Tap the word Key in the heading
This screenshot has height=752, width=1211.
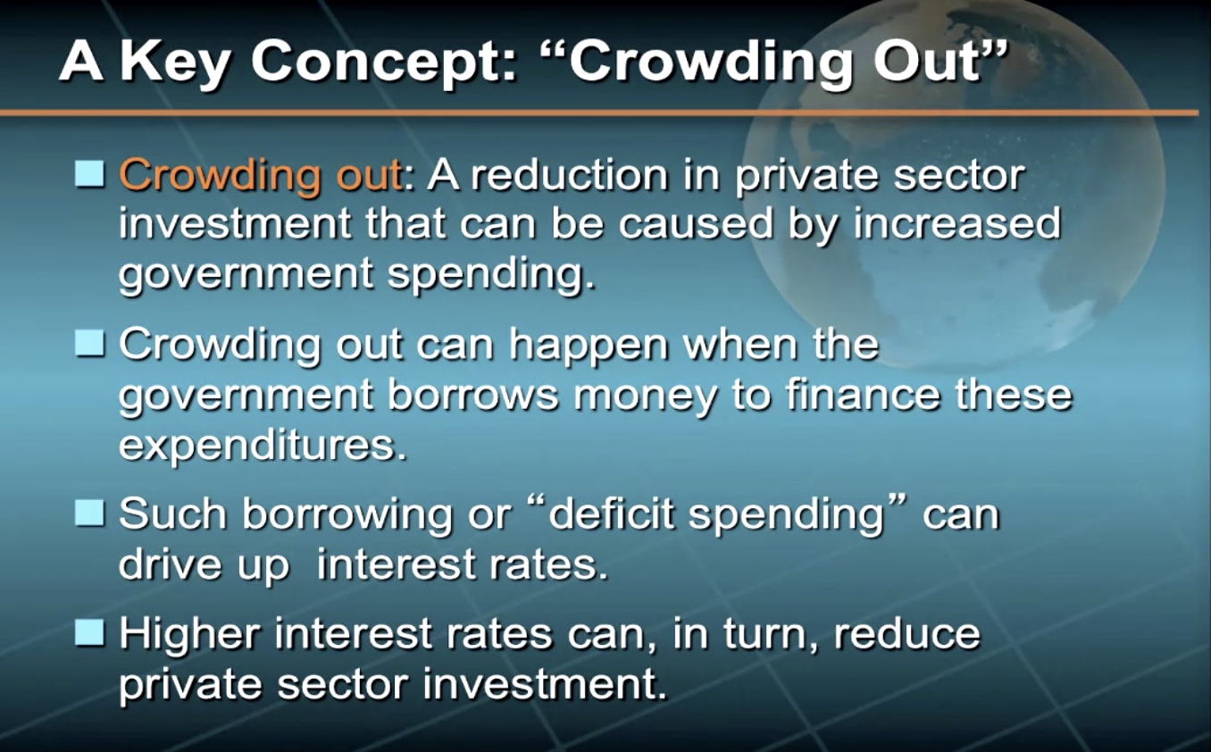click(x=175, y=63)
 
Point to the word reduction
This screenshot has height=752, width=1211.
click(x=569, y=175)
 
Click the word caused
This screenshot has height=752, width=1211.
click(x=696, y=224)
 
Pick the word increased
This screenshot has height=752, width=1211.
click(x=956, y=224)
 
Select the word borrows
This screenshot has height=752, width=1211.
click(x=473, y=395)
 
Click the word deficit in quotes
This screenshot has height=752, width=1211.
click(x=611, y=512)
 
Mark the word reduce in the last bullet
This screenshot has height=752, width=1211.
click(x=906, y=633)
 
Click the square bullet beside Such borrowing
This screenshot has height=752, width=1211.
click(x=89, y=513)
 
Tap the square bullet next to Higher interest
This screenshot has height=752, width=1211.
click(x=89, y=632)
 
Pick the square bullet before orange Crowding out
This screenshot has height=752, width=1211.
click(x=89, y=173)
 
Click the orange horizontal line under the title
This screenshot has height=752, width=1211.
click(x=599, y=113)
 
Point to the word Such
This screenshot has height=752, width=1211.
click(x=173, y=512)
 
